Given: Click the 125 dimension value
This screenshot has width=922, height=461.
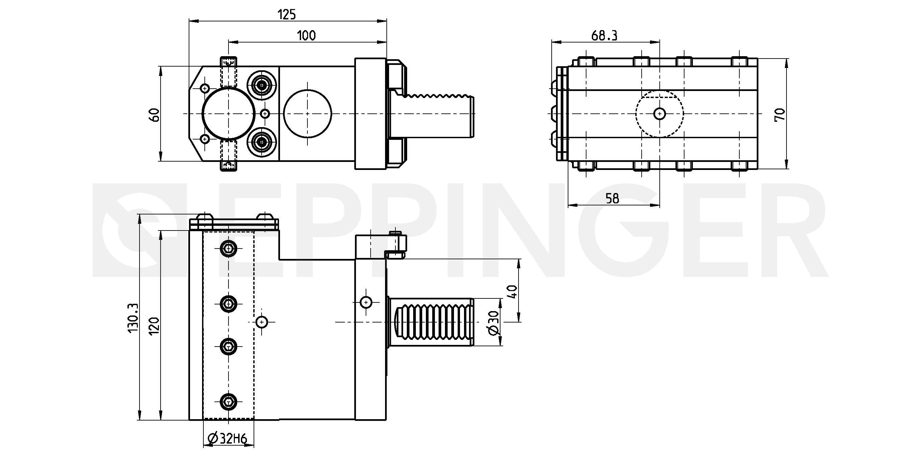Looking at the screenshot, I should [x=287, y=15].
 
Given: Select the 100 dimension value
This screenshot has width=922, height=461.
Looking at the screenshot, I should [x=306, y=35].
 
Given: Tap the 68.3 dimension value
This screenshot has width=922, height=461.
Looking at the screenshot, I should [x=604, y=35].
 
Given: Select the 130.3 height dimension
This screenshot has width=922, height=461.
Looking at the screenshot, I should [x=133, y=318].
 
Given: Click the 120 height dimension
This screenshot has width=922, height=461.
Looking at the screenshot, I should [x=154, y=326].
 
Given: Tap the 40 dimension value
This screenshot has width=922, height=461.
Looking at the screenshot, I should [x=513, y=291].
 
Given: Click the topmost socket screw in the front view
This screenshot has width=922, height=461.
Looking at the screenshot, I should [x=228, y=248].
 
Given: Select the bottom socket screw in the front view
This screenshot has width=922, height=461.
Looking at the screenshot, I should [x=228, y=401].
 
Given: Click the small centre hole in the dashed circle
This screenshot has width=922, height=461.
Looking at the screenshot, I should [x=659, y=114].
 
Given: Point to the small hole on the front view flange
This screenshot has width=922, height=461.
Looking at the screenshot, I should [x=366, y=302].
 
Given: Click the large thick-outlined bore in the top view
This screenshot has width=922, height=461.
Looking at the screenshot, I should [x=228, y=114].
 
